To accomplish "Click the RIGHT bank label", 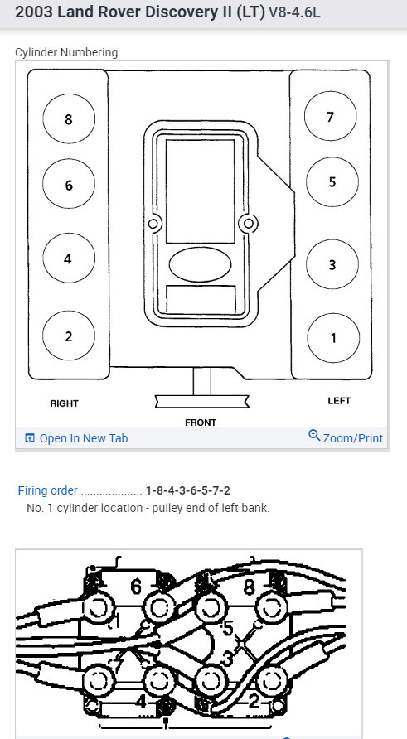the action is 64,403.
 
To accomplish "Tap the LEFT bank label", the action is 339,401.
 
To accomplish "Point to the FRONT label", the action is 201,423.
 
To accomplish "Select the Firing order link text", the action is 47,490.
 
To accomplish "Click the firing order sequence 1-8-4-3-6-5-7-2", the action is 188,490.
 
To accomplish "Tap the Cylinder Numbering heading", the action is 66,52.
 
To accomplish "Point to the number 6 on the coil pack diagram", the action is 136,587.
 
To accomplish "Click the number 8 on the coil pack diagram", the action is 249,587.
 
